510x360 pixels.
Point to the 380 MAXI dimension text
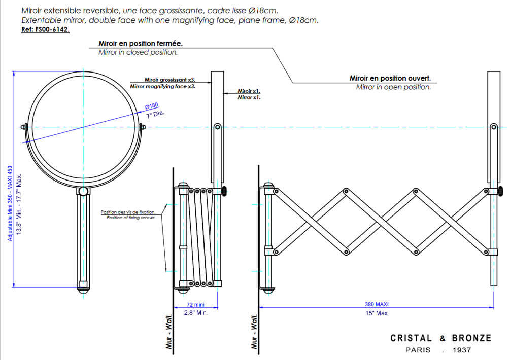[377, 304]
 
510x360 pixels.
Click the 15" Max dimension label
[377, 313]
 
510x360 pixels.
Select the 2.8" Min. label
[196, 313]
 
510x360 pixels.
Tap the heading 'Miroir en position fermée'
[140, 44]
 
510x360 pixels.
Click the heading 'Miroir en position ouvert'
[390, 78]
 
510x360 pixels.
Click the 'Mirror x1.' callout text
[249, 97]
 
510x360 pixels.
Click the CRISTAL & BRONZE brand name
[440, 338]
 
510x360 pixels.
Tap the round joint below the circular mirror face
[82, 191]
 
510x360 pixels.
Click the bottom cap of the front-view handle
[82, 290]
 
